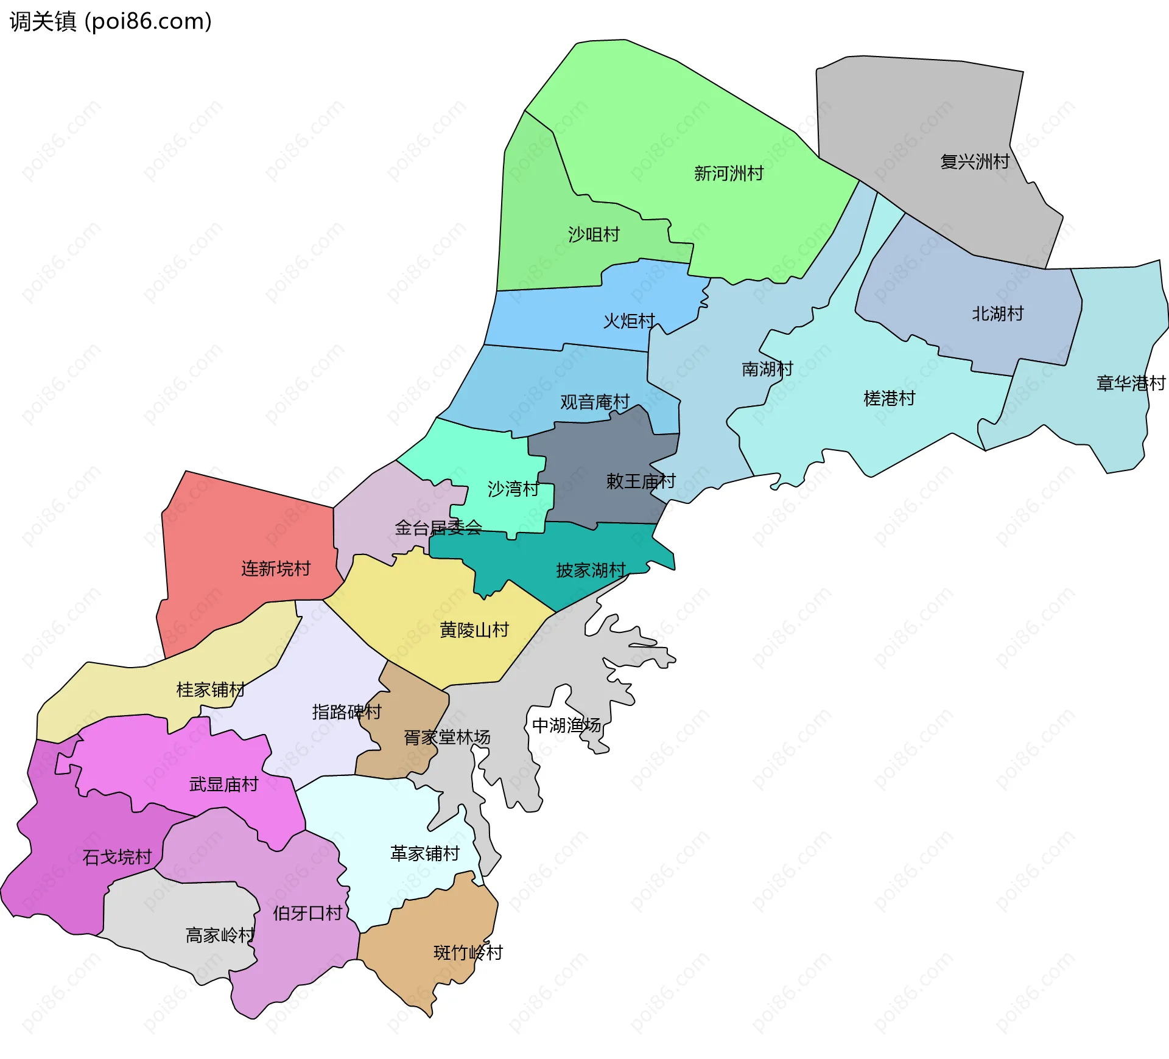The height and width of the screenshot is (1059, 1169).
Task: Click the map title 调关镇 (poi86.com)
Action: coord(111,22)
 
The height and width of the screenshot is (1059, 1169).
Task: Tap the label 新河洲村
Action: coord(729,173)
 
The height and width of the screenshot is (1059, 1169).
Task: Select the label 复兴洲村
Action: coord(975,162)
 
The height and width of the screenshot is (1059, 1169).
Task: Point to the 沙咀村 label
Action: coord(594,234)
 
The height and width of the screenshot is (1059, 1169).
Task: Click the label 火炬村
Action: coord(629,321)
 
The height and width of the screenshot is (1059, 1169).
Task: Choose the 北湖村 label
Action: coord(997,314)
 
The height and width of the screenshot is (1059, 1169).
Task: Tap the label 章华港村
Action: coord(1131,383)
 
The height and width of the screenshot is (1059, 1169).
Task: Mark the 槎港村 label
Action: coord(889,399)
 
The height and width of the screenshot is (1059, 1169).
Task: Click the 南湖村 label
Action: coord(767,369)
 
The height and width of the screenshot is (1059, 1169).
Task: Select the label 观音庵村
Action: coord(595,402)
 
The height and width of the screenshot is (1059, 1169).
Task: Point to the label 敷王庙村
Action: coord(641,481)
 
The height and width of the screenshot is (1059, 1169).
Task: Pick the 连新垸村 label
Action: coord(276,568)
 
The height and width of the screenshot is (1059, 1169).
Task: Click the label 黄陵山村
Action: coord(474,630)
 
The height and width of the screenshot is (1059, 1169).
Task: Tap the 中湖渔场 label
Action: coord(566,725)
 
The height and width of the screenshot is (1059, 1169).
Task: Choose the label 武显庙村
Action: coord(224,785)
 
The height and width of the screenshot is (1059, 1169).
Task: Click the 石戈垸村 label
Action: coord(117,858)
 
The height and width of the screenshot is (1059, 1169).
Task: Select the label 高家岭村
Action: coord(220,935)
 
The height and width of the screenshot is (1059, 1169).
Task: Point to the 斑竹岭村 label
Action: coord(468,952)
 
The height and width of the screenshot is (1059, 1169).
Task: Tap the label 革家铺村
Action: coord(425,854)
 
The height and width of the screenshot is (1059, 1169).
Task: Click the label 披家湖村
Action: coord(591,570)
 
